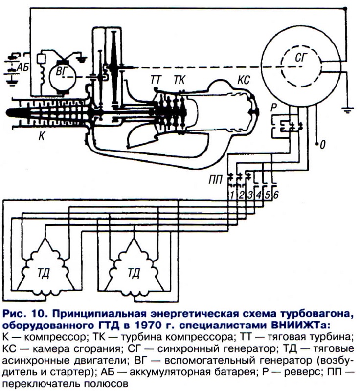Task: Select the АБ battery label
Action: [x=21, y=67]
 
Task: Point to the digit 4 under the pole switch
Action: [x=259, y=195]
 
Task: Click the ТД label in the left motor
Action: [x=48, y=273]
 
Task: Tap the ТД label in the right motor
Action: [x=133, y=273]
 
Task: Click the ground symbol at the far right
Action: [x=348, y=109]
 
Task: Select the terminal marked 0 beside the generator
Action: [x=322, y=145]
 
